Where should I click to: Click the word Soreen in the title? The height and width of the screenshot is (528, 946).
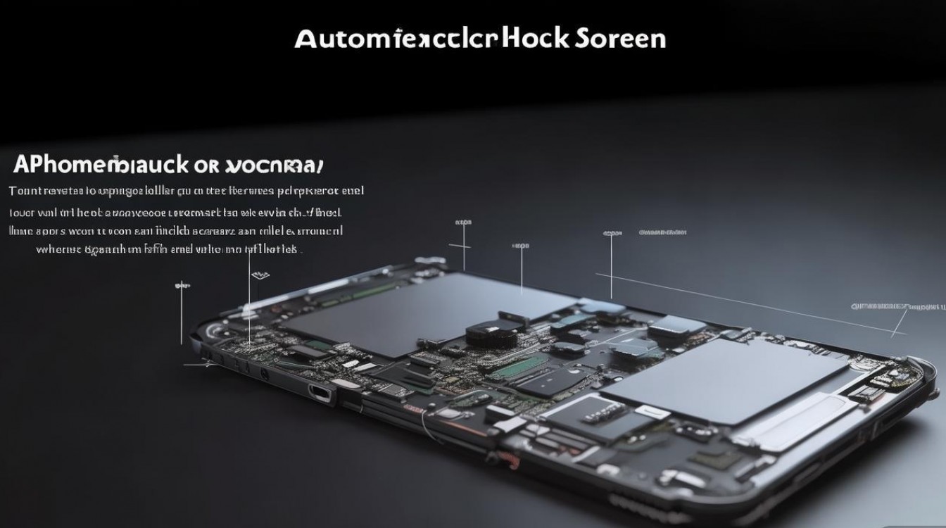point(620,39)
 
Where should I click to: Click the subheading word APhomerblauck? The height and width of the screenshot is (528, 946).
point(101,165)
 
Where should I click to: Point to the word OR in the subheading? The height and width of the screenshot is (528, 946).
point(208,166)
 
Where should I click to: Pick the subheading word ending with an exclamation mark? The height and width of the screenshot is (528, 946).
point(274,166)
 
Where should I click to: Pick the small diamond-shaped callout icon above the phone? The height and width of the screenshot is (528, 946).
point(260,274)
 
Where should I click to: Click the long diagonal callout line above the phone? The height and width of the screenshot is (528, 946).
point(739,303)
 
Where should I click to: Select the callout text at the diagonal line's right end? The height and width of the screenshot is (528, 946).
point(897,307)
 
